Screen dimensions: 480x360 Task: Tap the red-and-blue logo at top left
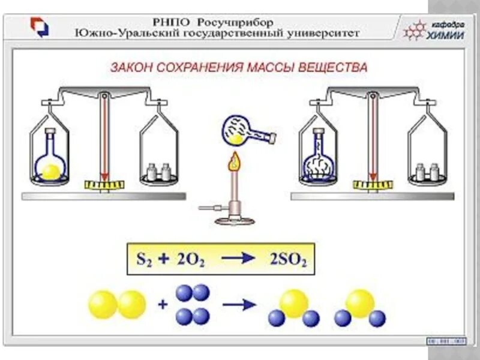[x=40, y=27]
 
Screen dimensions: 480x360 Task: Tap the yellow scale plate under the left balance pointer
[x=104, y=183]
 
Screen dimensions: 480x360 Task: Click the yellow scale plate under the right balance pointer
[x=371, y=183]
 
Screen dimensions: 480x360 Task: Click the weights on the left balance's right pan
[x=160, y=173]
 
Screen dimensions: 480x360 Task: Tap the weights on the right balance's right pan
[x=428, y=173]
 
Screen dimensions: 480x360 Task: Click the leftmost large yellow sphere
[x=103, y=305]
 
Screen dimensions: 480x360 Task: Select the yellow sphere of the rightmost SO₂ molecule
[x=360, y=303]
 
